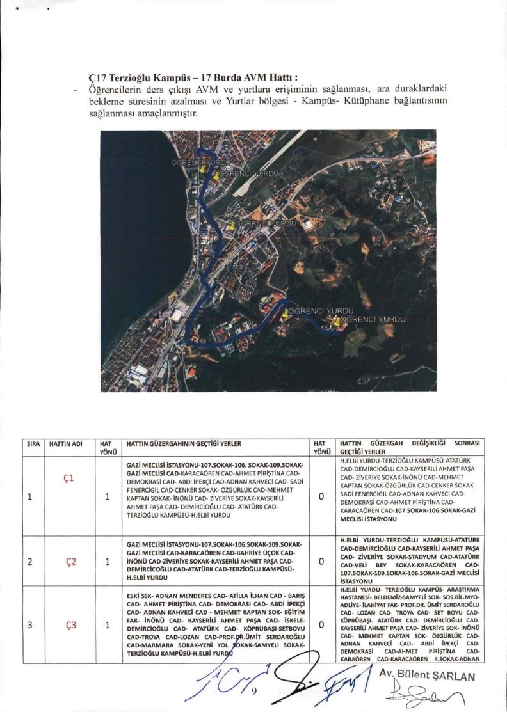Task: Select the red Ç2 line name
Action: [71, 562]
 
